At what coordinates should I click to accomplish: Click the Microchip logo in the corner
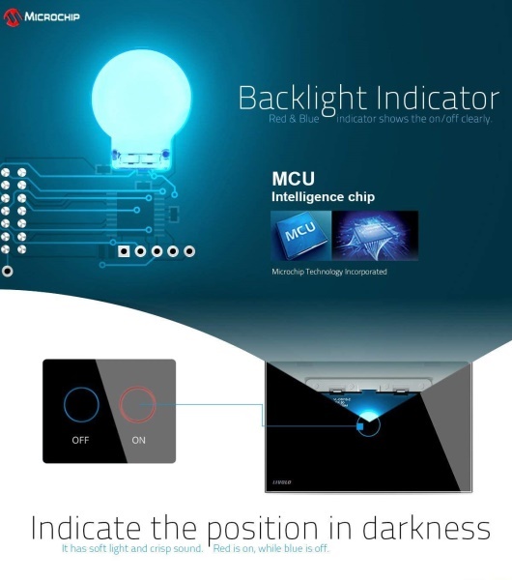click(x=42, y=17)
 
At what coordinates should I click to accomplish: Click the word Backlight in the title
click(x=302, y=99)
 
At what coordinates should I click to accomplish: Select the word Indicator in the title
click(x=438, y=98)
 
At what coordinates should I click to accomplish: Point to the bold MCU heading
click(x=293, y=179)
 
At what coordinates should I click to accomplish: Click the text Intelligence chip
click(x=323, y=197)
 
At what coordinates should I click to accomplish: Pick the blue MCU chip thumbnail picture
click(x=300, y=236)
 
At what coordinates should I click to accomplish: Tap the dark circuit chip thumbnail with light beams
click(x=375, y=236)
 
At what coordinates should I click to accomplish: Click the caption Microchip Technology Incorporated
click(x=329, y=272)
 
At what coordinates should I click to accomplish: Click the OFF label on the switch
click(x=80, y=440)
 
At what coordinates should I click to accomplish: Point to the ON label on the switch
click(x=139, y=440)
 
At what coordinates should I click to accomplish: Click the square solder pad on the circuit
click(x=124, y=251)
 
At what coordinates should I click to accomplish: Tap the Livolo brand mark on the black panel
click(x=282, y=482)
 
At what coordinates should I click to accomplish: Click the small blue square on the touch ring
click(x=360, y=426)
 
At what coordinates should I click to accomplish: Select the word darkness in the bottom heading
click(x=426, y=527)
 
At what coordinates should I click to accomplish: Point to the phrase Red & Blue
click(x=294, y=119)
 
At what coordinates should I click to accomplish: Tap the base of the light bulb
click(x=141, y=159)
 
